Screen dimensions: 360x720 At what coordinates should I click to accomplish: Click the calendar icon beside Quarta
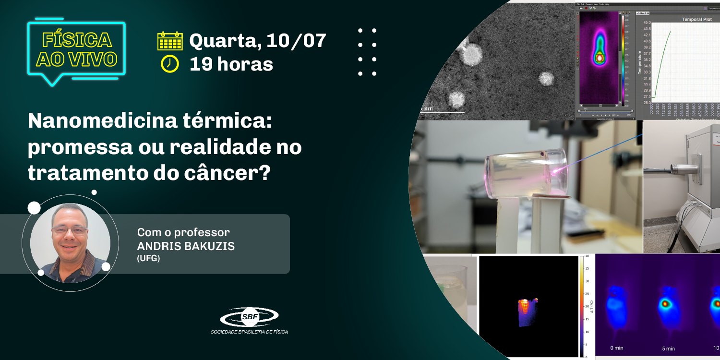click(170, 41)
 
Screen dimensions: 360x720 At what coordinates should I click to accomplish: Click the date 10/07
click(296, 41)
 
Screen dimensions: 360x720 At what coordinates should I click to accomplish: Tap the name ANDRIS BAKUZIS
click(186, 246)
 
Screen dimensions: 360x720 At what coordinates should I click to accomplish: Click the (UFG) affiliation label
click(148, 258)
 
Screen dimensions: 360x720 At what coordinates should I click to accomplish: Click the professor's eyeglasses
click(70, 230)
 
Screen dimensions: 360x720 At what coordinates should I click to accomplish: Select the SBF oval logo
click(249, 317)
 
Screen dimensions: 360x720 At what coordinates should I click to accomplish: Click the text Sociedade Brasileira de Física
click(249, 332)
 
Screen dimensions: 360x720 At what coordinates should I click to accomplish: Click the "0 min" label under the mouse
click(616, 348)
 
